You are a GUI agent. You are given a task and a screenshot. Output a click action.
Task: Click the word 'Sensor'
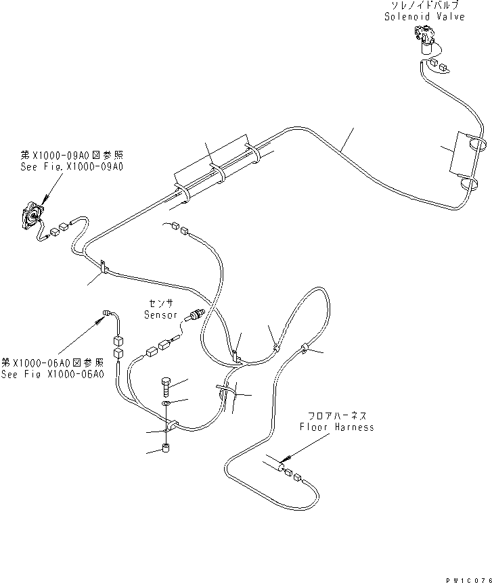coord(160,315)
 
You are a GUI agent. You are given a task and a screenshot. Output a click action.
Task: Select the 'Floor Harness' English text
coord(337,427)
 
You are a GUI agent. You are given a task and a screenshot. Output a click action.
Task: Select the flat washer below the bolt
coord(166,405)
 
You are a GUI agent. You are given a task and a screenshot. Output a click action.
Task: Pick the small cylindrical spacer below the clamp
coord(166,449)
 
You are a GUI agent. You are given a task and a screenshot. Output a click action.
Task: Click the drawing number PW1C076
coord(467,576)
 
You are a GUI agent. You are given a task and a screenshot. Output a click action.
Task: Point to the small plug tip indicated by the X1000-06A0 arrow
coord(106,312)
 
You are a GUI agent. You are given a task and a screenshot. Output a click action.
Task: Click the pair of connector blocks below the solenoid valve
coord(437,66)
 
